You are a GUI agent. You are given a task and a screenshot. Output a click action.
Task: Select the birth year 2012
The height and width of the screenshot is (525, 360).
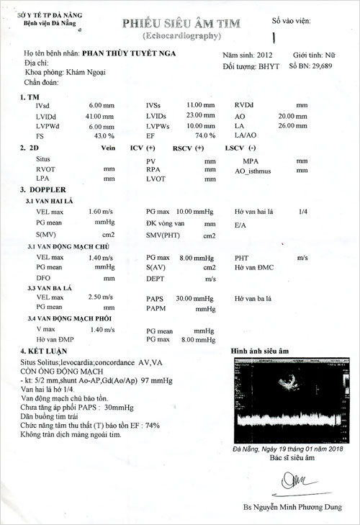(x=263, y=55)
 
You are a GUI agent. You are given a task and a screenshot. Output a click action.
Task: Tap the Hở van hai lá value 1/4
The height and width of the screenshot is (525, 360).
(x=303, y=212)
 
